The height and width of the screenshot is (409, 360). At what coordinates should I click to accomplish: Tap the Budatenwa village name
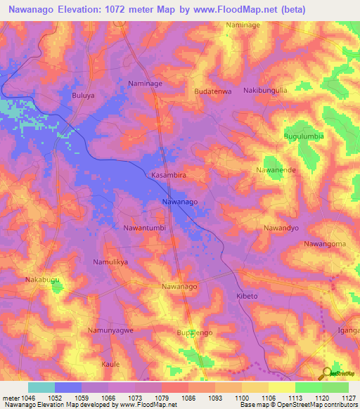[x=213, y=91]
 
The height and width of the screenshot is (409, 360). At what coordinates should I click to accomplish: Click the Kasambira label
[x=169, y=174]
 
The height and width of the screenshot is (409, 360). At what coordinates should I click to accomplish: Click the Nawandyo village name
[x=281, y=228]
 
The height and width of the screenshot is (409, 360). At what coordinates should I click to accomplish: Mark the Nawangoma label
[x=325, y=244]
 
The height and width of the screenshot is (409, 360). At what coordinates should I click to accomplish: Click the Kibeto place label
[x=247, y=297]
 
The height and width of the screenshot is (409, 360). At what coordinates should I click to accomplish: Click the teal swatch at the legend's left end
[x=41, y=387]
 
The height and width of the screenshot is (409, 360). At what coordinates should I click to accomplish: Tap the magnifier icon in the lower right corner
[x=326, y=372]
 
